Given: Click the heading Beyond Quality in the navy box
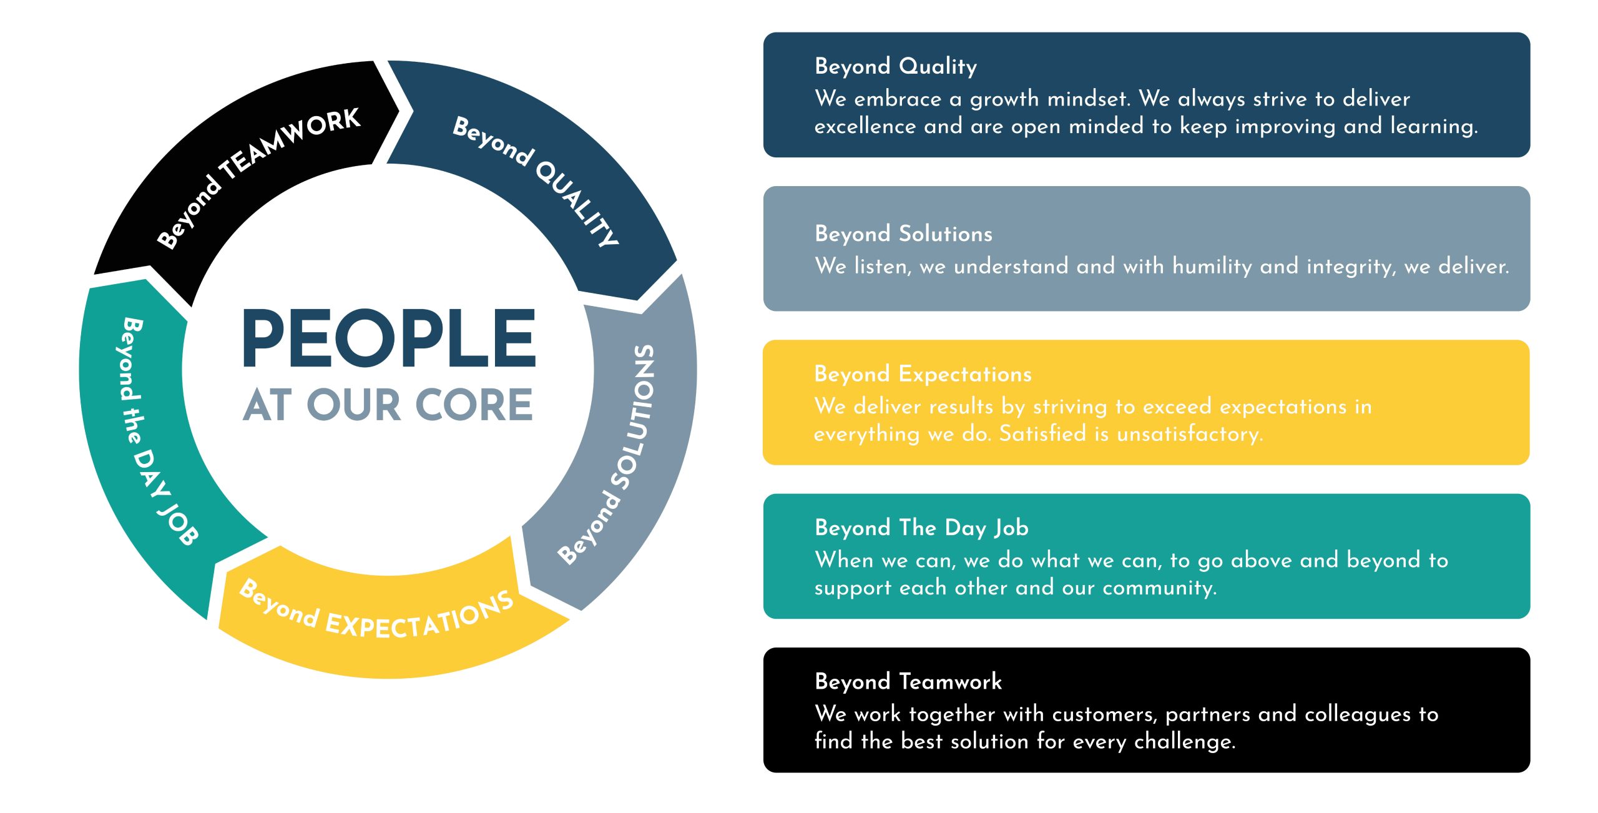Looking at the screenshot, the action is coord(896,66).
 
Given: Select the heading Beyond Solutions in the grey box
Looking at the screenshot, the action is coord(903,234).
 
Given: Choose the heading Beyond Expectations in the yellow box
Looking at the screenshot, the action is coord(923,374).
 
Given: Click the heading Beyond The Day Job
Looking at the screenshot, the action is coord(921,528).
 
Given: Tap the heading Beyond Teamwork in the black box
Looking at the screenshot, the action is coord(908,681).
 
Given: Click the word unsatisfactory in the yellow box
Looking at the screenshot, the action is coord(1190,433).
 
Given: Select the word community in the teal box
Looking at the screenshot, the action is coord(1160,588).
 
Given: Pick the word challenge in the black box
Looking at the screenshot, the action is coord(1185,742).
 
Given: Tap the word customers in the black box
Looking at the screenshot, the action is coord(1105,714).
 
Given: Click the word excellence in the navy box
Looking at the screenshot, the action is coord(865,126).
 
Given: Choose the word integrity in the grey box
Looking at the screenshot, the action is coord(1351,267).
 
